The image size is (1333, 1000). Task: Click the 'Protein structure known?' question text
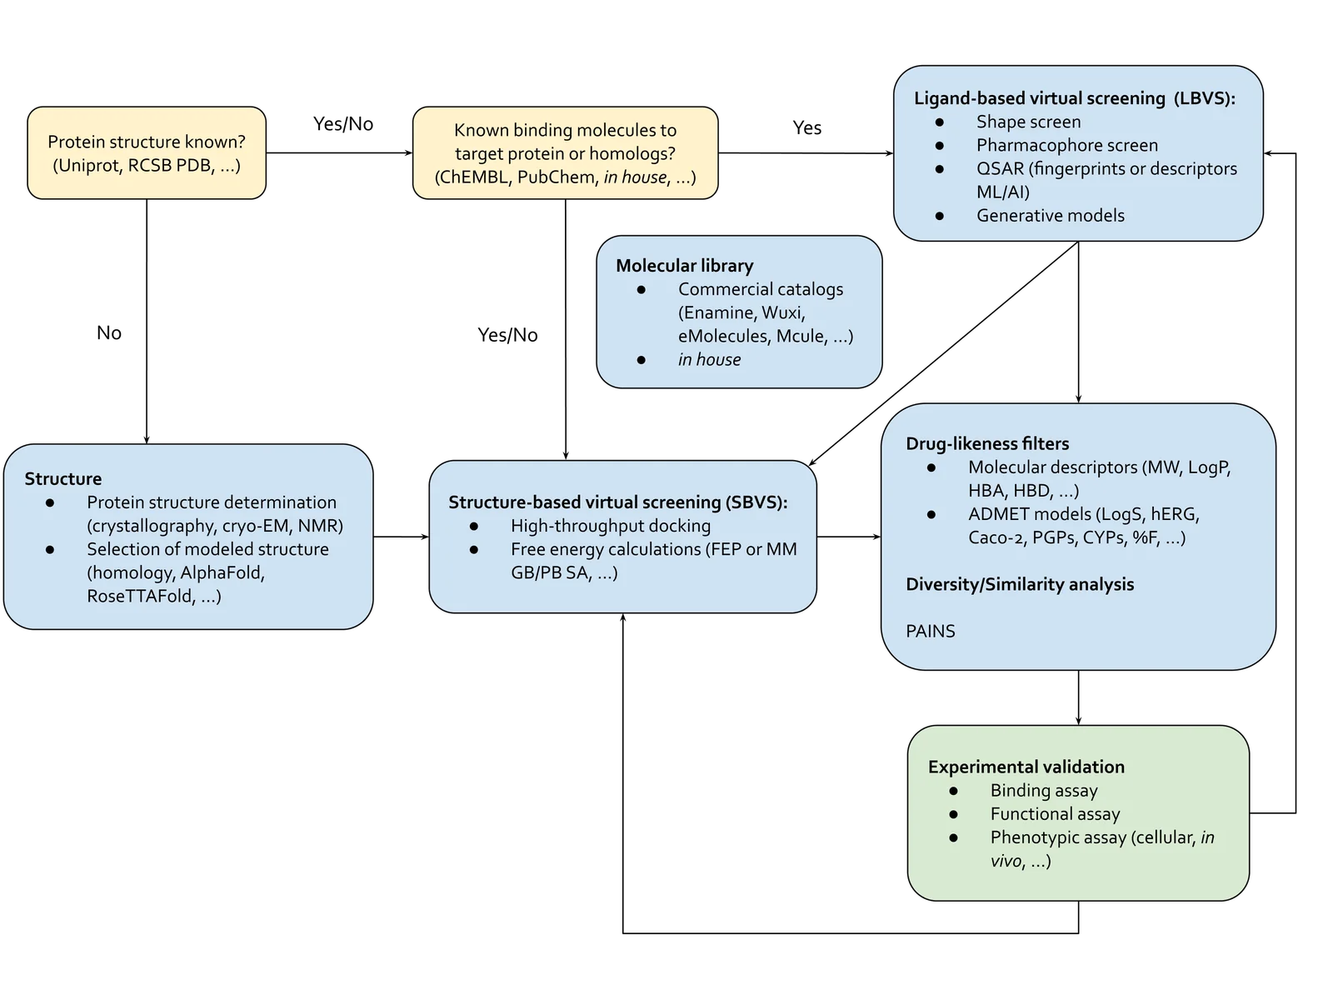click(147, 142)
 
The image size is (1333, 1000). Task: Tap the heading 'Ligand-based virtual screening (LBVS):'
click(1074, 98)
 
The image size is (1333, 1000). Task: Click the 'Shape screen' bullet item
click(1028, 122)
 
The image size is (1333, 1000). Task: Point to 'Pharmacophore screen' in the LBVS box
click(1066, 145)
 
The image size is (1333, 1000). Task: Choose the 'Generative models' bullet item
click(1050, 215)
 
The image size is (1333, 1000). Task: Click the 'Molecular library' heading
click(684, 266)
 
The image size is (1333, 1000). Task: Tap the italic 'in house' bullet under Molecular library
click(709, 359)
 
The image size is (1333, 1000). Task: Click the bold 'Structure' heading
click(63, 479)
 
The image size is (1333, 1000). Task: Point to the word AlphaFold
click(222, 572)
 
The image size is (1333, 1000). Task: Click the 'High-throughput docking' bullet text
click(610, 526)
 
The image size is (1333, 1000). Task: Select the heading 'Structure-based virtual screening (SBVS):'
click(617, 502)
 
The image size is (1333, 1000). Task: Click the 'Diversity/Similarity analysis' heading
click(1020, 584)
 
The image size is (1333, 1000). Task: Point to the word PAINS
click(930, 631)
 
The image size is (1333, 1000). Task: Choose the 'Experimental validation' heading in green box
click(1026, 767)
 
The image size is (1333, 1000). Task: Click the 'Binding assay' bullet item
click(1043, 791)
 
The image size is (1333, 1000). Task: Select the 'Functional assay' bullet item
click(1055, 814)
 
